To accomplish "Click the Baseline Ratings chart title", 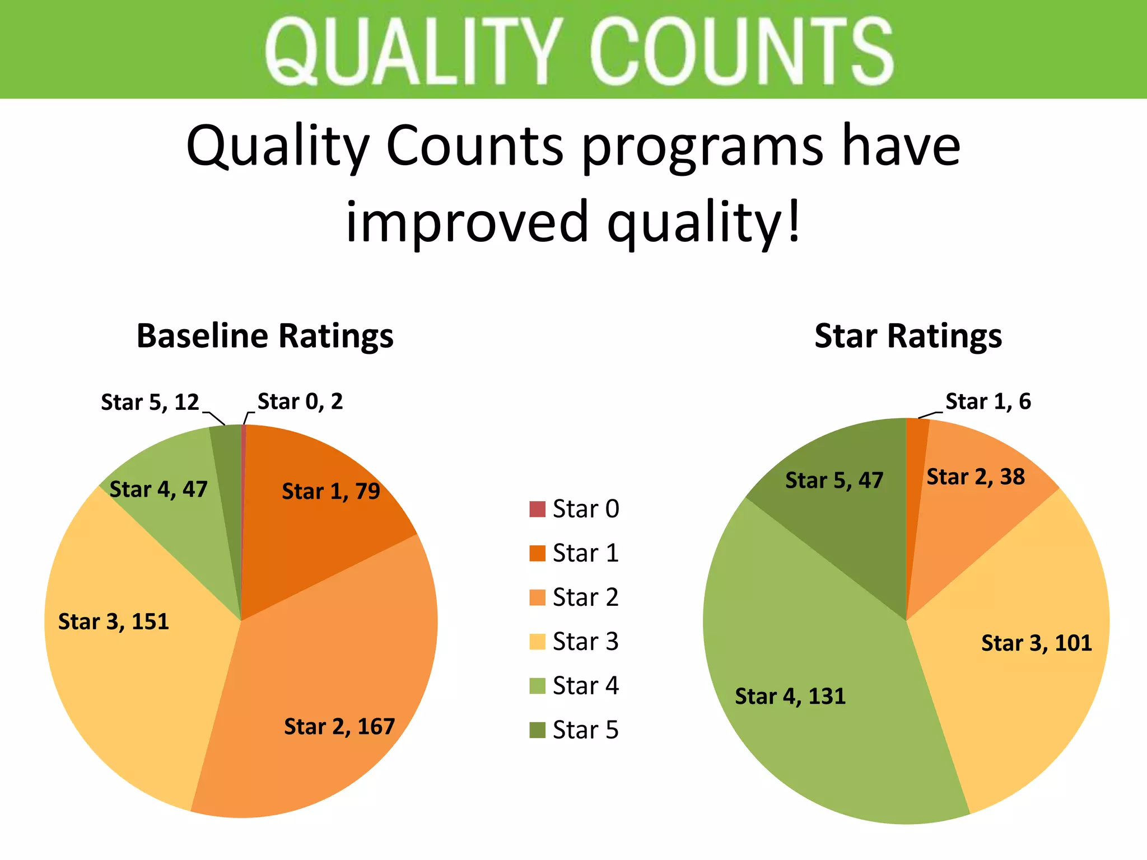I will click(x=265, y=336).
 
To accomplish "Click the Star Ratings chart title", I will click(x=908, y=336).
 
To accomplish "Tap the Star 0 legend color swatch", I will click(x=537, y=509).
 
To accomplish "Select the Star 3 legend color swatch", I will click(x=537, y=642).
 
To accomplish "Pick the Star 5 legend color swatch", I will click(x=537, y=730).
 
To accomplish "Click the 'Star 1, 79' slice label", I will click(x=330, y=492).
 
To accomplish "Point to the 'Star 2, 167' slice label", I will click(x=339, y=727).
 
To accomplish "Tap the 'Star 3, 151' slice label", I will click(x=114, y=622).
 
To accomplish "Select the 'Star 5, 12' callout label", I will click(x=150, y=402).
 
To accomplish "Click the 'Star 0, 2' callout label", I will click(x=300, y=401).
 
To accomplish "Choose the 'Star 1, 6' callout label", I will click(x=988, y=401).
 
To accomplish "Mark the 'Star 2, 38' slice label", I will click(x=976, y=477).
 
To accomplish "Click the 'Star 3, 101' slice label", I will click(x=1037, y=643).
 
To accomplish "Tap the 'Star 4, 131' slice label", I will click(x=790, y=697).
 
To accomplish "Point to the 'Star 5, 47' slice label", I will click(x=834, y=480).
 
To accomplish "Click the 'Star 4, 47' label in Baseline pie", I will click(x=158, y=489).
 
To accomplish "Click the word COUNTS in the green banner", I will click(x=741, y=52).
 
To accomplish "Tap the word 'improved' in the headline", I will click(x=467, y=222).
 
